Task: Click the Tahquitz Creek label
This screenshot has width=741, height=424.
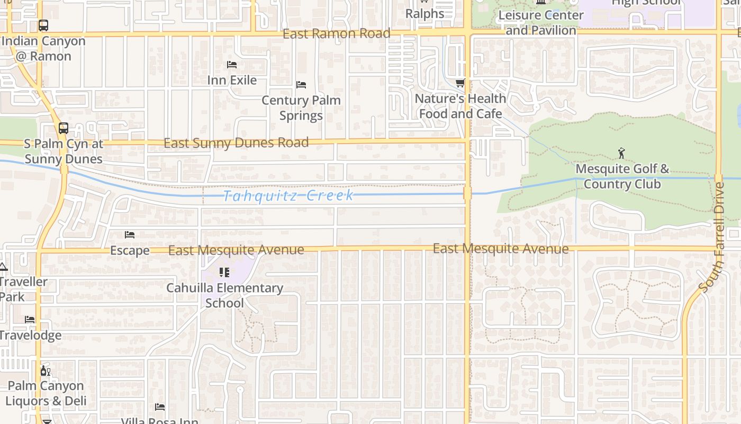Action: coord(288,196)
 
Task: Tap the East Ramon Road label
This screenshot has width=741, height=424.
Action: coord(337,34)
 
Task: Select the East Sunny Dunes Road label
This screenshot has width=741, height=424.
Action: coord(236,143)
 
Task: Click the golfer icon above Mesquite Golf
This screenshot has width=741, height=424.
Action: coord(621,153)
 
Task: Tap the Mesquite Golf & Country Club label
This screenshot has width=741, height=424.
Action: coord(622,176)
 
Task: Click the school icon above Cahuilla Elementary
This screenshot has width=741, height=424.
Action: coord(224,272)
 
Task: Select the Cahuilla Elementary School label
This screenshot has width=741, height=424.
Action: coord(225,295)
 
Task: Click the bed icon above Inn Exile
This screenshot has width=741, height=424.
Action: coord(232,65)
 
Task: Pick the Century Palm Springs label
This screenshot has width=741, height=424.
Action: coord(301,108)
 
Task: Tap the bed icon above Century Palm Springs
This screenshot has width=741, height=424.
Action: coord(301,85)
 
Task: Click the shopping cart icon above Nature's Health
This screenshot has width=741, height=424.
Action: coord(460,83)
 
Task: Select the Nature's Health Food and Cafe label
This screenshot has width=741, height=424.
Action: coord(460,106)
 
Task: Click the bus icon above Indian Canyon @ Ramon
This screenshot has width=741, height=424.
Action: coord(43,25)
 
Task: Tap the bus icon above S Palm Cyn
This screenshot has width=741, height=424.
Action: coord(64,128)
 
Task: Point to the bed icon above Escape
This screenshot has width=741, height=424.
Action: coord(130,235)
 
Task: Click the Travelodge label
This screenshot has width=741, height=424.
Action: coord(30,335)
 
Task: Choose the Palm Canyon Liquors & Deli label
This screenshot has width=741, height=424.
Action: coord(46,393)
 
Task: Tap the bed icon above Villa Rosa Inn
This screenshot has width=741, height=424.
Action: coord(160,407)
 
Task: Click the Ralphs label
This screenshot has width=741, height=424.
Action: coord(425,14)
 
